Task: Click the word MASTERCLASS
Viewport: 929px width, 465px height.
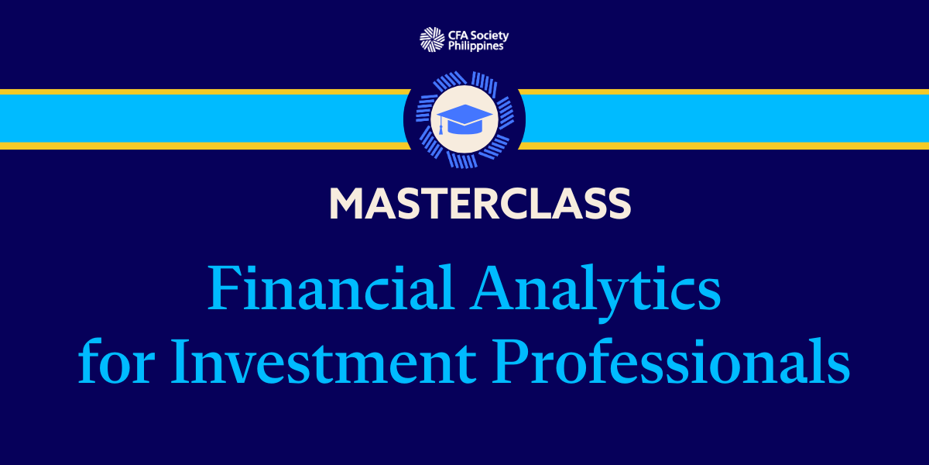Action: (x=480, y=203)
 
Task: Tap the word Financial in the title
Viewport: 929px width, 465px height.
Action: (x=330, y=288)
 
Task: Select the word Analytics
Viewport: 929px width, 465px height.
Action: (x=595, y=293)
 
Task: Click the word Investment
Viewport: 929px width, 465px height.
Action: (x=323, y=361)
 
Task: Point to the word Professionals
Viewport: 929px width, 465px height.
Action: (x=670, y=360)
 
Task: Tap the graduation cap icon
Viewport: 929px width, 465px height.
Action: (x=464, y=119)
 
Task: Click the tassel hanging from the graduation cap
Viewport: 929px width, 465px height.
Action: (x=441, y=126)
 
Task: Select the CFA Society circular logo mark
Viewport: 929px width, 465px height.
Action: (x=432, y=40)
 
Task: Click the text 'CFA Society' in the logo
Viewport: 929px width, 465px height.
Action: (x=478, y=36)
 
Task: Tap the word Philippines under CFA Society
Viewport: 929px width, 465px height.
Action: (x=475, y=46)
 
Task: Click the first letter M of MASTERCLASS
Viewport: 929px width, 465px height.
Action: (x=347, y=203)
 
